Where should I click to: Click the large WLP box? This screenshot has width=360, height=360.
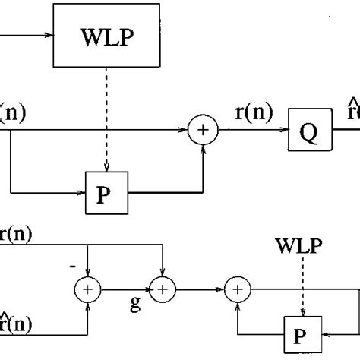[x=107, y=35]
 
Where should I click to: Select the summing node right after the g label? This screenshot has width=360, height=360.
[x=163, y=288]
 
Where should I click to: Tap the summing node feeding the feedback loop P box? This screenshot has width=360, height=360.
[x=238, y=288]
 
